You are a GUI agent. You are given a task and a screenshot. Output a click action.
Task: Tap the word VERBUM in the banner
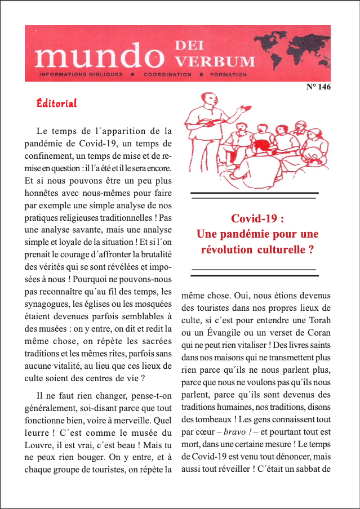(215, 60)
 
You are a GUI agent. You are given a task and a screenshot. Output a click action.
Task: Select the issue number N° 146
(318, 87)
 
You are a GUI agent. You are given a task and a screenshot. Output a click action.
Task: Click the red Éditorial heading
(56, 103)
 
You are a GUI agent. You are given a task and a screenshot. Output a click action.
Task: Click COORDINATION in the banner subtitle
(167, 74)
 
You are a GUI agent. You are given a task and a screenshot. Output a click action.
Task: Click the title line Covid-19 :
(257, 219)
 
